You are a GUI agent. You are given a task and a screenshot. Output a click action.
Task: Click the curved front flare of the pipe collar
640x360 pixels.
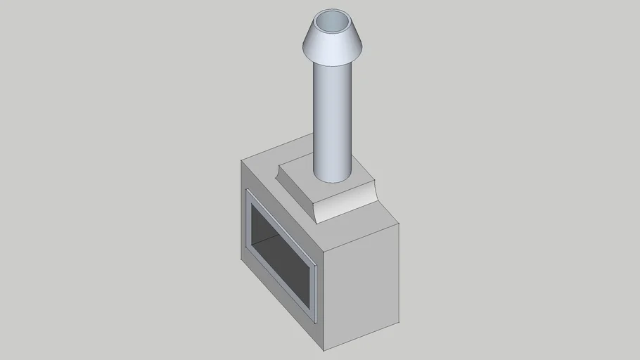pyautogui.click(x=345, y=204)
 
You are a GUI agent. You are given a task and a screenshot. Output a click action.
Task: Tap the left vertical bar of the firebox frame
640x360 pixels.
pyautogui.click(x=248, y=221)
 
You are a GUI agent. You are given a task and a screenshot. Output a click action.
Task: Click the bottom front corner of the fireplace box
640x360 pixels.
pyautogui.click(x=324, y=349)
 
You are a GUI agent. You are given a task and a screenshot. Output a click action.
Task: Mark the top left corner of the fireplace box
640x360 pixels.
pyautogui.click(x=241, y=160)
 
